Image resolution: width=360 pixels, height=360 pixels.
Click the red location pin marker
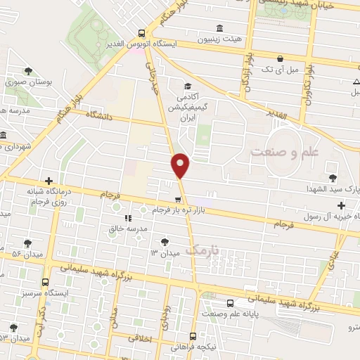click(181, 165)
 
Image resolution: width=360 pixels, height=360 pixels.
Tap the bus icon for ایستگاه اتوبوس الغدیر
click(142, 33)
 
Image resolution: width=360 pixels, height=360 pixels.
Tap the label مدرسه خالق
click(127, 229)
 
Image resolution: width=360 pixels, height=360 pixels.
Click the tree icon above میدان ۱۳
click(165, 240)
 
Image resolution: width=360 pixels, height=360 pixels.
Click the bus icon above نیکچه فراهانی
click(202, 336)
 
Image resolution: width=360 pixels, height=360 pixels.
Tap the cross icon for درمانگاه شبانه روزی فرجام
click(48, 181)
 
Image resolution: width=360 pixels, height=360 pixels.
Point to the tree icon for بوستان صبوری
click(28, 70)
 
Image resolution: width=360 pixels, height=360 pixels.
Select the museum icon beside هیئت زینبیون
click(220, 29)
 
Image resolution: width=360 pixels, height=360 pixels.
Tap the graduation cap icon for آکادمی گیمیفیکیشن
click(186, 85)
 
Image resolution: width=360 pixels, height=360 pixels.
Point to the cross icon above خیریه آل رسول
click(342, 206)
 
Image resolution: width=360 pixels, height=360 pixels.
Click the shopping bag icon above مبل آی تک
click(281, 58)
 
